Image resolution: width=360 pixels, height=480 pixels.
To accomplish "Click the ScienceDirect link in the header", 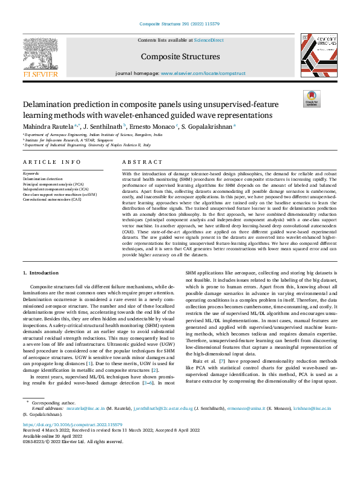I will tap(209, 40).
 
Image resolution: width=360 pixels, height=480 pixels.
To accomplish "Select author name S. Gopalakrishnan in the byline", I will tap(207, 126).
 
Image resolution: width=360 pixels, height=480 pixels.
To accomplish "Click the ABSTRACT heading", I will tap(139, 162).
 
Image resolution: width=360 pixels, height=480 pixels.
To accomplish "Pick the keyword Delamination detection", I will tap(42, 179).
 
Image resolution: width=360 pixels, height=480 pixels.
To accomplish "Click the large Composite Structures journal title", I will tap(180, 56).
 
